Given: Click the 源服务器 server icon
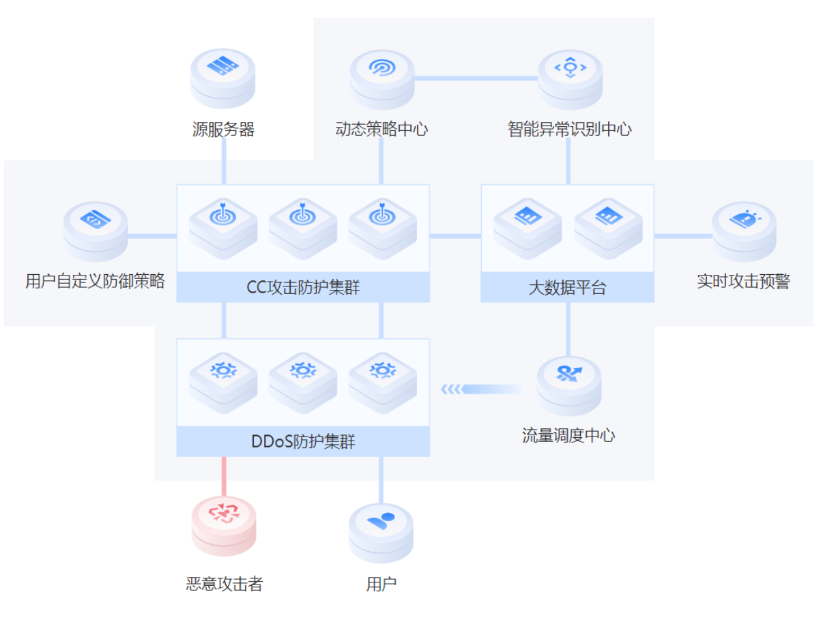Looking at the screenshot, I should click(223, 67).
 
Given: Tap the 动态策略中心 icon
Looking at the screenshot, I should click(381, 68).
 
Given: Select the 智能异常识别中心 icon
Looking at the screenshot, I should click(570, 68).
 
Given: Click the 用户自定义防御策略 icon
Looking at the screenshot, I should click(95, 220).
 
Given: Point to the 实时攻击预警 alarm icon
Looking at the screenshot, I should click(743, 220).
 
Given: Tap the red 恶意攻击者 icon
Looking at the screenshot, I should click(223, 513).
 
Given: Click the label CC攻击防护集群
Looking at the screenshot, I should click(303, 288).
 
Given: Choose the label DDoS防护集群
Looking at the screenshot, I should click(303, 442).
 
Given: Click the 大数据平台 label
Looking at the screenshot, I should click(567, 288).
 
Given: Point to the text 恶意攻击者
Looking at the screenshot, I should click(224, 584).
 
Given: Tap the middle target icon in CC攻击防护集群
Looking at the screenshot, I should click(302, 215).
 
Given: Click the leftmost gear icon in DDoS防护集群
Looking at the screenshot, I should click(223, 370).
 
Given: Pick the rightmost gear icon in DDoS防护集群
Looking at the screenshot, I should click(382, 370).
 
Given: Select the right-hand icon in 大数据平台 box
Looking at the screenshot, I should click(607, 217).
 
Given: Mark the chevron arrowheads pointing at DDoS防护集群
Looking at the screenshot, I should click(451, 389).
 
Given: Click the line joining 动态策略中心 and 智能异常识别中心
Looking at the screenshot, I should click(476, 78).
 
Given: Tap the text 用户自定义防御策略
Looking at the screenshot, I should click(95, 281).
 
